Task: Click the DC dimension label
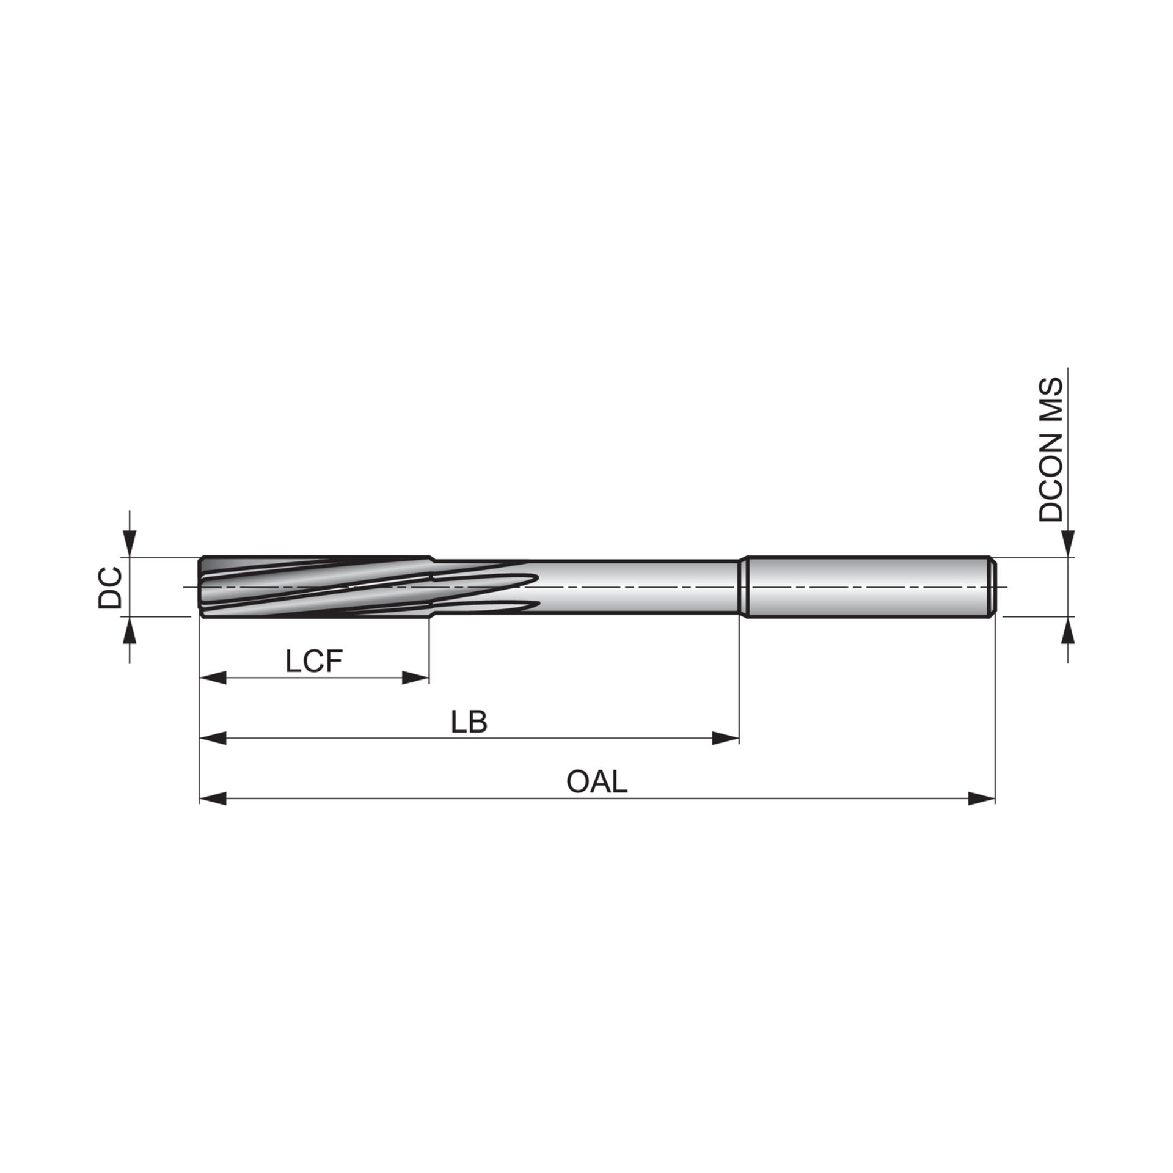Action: tap(110, 588)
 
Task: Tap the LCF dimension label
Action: tap(314, 662)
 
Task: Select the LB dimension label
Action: tap(469, 722)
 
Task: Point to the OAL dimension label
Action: tap(597, 782)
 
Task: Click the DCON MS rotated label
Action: tap(1051, 450)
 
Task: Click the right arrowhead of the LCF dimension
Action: tap(415, 678)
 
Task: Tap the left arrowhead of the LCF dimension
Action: tap(213, 678)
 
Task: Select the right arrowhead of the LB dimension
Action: tap(726, 738)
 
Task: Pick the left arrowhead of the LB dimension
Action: tap(213, 738)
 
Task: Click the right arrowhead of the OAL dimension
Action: tap(982, 798)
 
